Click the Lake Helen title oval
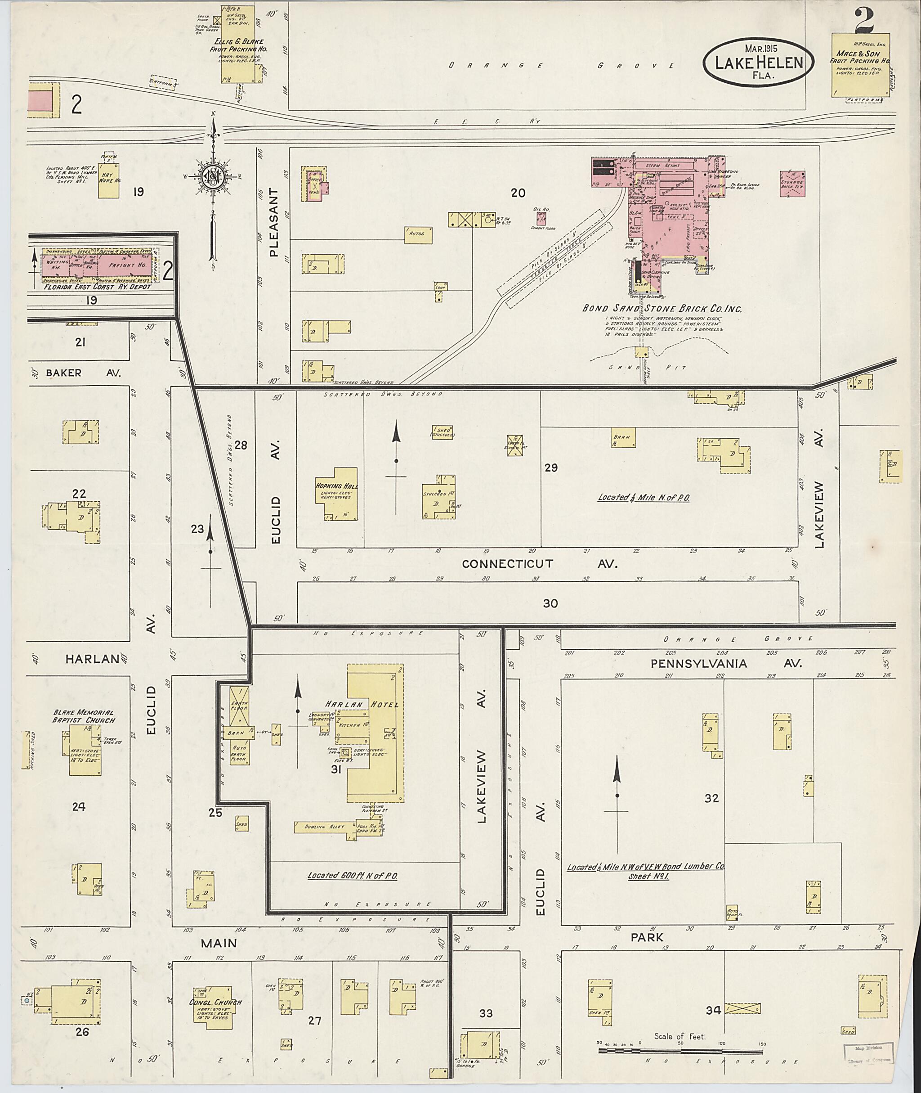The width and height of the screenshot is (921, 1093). click(759, 62)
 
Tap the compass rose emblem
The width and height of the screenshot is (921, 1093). click(213, 178)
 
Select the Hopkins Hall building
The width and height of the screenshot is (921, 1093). click(336, 494)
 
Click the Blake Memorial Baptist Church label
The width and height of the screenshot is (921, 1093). click(84, 716)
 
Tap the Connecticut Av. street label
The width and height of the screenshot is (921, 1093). click(539, 564)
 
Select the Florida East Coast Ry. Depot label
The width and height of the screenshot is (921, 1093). click(98, 287)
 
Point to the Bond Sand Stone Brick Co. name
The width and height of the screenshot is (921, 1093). click(662, 309)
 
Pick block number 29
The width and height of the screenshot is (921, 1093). click(551, 468)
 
